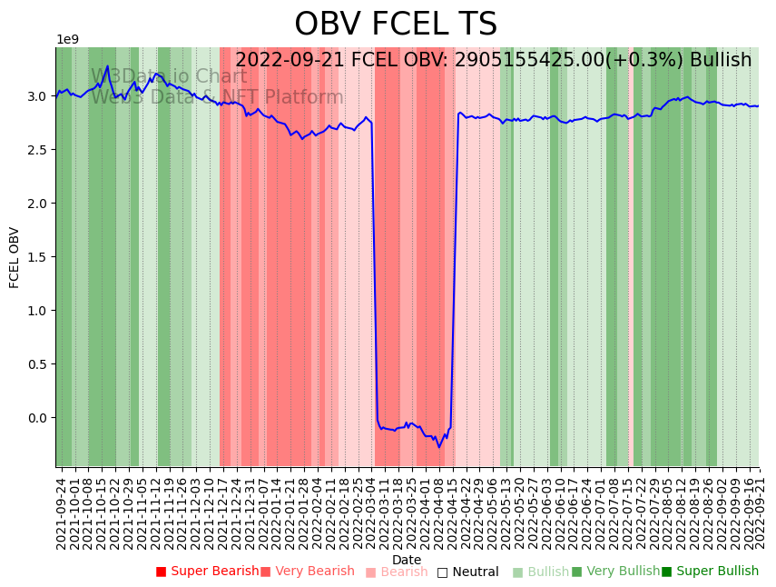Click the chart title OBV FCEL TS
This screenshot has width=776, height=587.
click(x=396, y=25)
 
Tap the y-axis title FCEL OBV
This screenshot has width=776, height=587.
click(x=15, y=257)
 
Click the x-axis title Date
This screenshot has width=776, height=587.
click(x=407, y=560)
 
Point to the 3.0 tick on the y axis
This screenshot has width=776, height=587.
click(x=37, y=96)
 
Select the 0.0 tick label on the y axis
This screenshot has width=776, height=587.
click(x=37, y=418)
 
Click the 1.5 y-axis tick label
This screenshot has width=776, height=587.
click(x=37, y=257)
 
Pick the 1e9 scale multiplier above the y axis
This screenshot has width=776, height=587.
click(x=68, y=39)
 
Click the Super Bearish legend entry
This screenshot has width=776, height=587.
click(x=208, y=572)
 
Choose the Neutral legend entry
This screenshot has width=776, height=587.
click(x=468, y=572)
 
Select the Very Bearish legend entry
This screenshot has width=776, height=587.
click(x=308, y=572)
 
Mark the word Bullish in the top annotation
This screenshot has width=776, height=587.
click(x=721, y=60)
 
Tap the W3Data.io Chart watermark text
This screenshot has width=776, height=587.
click(x=169, y=76)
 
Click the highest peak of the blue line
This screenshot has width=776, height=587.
click(x=108, y=65)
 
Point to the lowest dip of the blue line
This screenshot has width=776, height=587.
click(x=439, y=447)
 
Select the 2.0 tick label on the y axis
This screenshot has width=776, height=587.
click(x=37, y=204)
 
